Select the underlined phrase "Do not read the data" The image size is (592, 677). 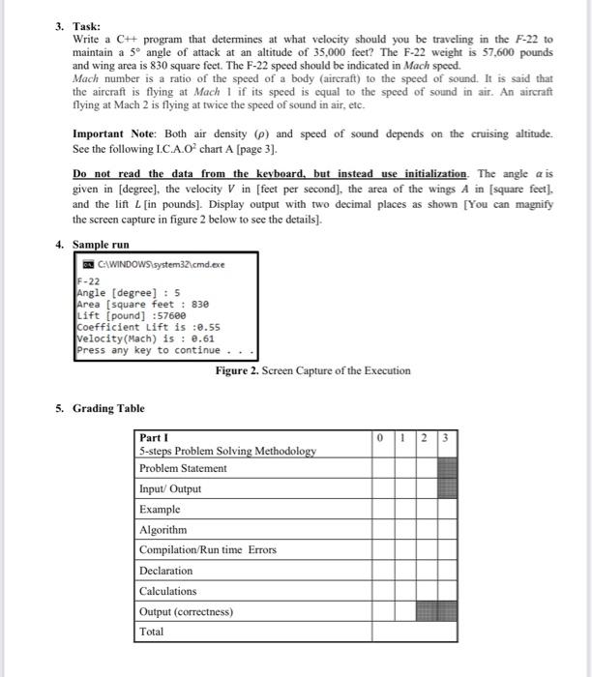[x=131, y=173]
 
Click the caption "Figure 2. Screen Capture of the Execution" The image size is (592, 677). [x=313, y=370]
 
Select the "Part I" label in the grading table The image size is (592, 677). [x=153, y=437]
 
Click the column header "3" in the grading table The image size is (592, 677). [x=444, y=437]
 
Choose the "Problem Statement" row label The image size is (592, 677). [x=183, y=468]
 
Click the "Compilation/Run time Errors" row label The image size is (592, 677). [x=208, y=549]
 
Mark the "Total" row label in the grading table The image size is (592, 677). [x=152, y=632]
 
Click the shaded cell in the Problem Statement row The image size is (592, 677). [x=444, y=468]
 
